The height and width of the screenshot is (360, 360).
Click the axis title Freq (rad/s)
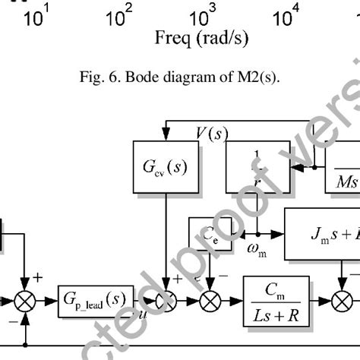click(x=201, y=37)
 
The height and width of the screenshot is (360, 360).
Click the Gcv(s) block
click(x=165, y=165)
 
